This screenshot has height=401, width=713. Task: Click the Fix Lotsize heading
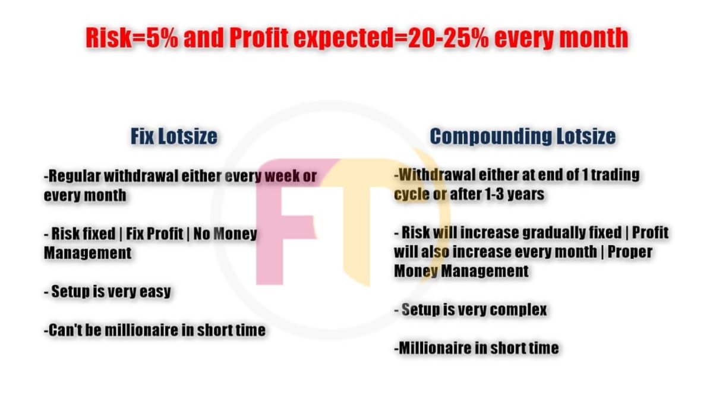[173, 137]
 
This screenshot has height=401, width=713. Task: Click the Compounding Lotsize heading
[522, 137]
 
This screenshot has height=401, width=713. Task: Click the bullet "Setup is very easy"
[111, 292]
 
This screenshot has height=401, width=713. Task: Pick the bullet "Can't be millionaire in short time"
[154, 330]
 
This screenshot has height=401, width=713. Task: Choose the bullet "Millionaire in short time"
[476, 348]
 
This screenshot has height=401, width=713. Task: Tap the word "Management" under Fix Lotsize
[87, 252]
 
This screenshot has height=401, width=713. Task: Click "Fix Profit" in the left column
[159, 233]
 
